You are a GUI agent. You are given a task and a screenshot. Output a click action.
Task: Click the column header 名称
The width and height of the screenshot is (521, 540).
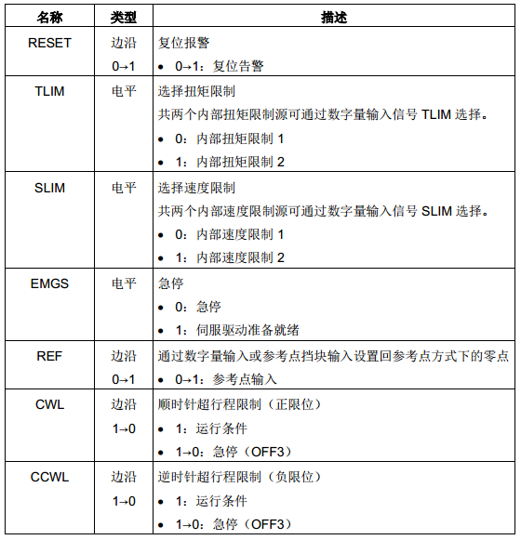click(x=50, y=18)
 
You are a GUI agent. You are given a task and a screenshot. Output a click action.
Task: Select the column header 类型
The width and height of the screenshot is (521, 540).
click(x=124, y=18)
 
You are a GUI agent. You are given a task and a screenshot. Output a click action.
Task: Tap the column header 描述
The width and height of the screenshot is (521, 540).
click(x=333, y=18)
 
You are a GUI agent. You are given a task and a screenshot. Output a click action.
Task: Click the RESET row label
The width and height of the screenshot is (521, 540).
click(x=50, y=43)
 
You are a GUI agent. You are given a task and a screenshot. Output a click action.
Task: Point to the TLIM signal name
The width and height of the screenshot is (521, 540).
click(x=50, y=91)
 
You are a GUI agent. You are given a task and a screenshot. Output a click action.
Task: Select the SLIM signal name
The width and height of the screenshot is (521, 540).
click(x=50, y=188)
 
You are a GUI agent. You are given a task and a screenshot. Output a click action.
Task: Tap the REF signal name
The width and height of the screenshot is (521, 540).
click(x=50, y=356)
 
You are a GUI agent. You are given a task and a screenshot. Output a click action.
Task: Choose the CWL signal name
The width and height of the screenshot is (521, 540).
click(x=50, y=405)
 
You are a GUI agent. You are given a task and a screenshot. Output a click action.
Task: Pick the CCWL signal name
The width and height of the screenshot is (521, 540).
click(x=50, y=478)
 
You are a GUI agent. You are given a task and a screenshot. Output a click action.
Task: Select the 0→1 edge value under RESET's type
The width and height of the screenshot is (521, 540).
click(x=124, y=66)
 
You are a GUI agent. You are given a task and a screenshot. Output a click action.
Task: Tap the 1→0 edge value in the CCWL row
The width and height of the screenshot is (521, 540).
click(x=124, y=501)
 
